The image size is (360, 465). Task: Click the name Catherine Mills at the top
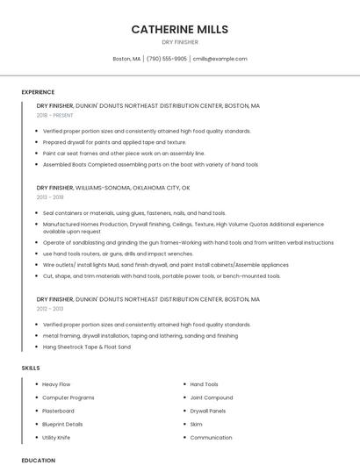tap(180, 29)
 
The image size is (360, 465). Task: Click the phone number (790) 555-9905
tap(167, 59)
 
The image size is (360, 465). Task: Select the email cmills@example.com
tap(220, 59)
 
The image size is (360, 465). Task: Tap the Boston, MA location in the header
tap(126, 59)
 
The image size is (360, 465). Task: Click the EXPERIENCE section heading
tap(38, 92)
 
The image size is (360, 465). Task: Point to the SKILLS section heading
tap(31, 368)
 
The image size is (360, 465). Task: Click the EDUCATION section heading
tap(38, 460)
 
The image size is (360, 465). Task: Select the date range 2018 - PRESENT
tap(55, 115)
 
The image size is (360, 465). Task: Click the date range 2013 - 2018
tap(50, 197)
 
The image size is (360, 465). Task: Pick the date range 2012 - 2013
tap(50, 309)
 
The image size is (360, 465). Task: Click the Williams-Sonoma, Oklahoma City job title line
tap(113, 188)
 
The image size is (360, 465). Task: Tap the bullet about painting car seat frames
tap(123, 153)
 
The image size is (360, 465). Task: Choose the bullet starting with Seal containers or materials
tap(133, 213)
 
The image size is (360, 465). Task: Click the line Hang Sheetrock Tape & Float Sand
tap(86, 347)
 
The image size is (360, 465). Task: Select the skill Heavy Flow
tap(56, 384)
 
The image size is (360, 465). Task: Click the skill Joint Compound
tap(211, 397)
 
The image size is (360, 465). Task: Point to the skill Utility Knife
tap(56, 437)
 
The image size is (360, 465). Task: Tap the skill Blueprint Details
tap(61, 424)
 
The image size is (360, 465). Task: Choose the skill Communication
tap(211, 437)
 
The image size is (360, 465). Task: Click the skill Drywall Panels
tap(208, 411)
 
